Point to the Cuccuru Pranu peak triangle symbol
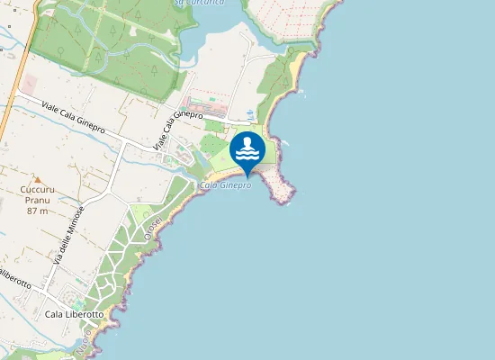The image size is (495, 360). coord(37,179)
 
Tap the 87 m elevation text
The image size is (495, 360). coord(37,211)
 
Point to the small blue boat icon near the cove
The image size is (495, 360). coord(249,113)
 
